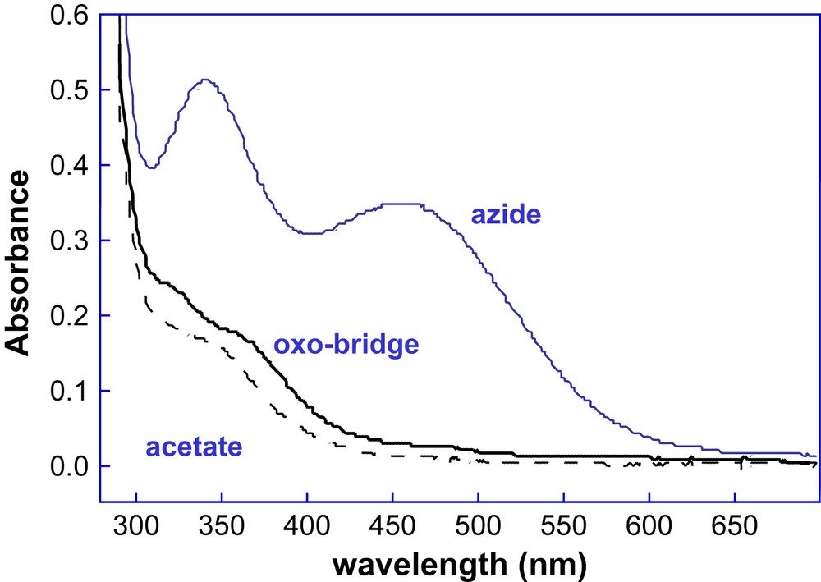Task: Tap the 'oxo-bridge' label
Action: (346, 345)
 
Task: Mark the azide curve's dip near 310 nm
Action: (151, 167)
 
